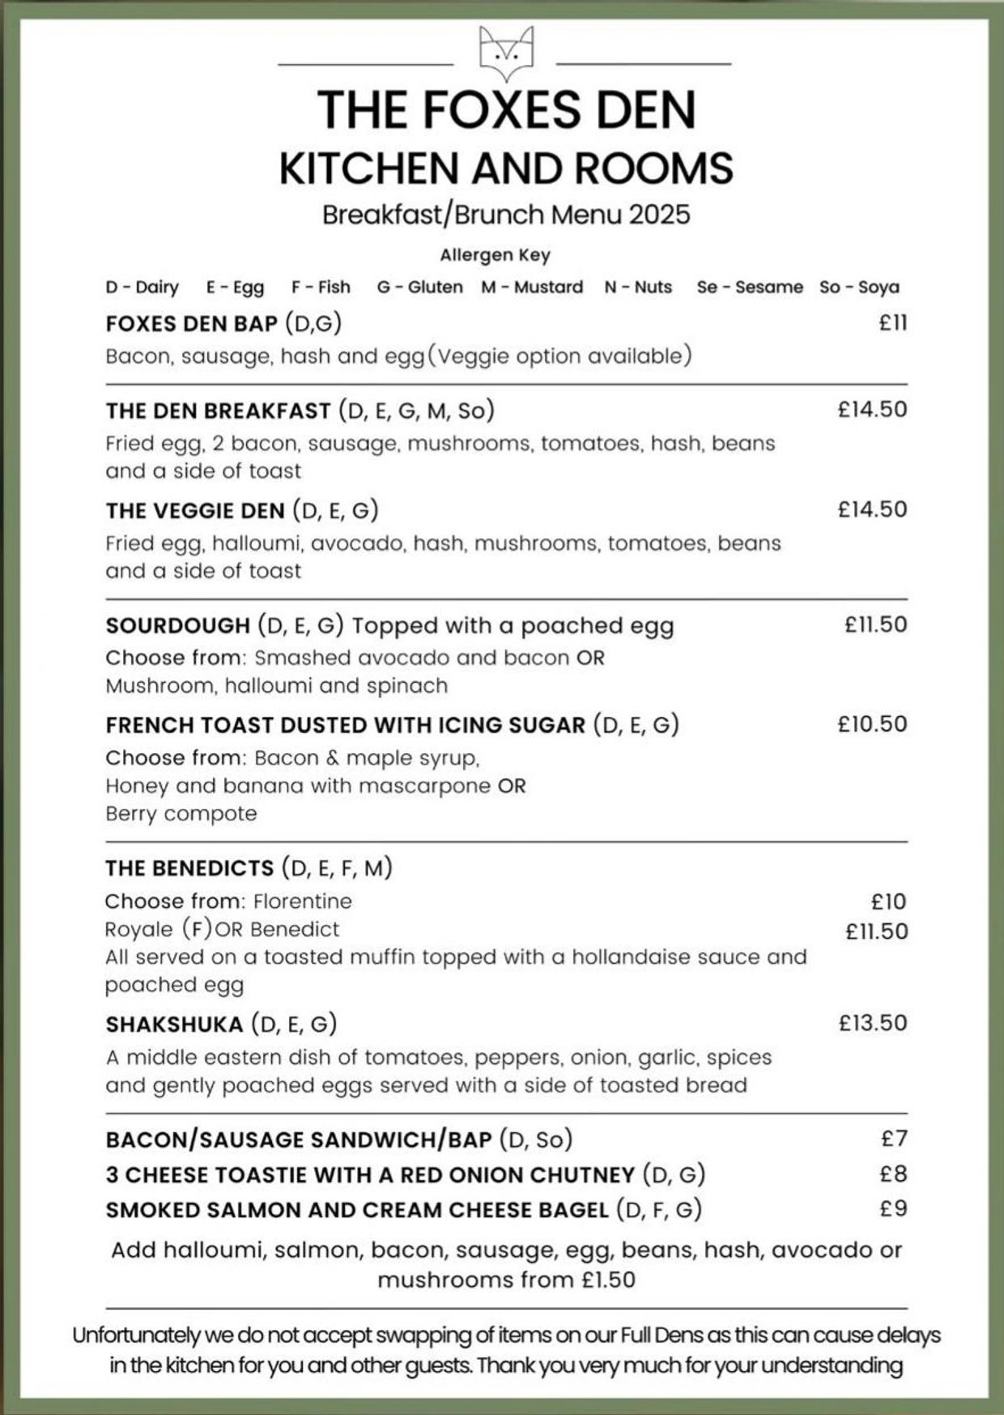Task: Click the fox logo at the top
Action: pos(506,53)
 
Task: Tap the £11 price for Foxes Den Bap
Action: pos(893,323)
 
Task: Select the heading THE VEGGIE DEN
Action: pos(195,511)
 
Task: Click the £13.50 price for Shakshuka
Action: pos(873,1023)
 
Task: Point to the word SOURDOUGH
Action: pos(177,626)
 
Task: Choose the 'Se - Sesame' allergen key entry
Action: pos(750,288)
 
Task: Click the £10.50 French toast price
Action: pos(872,724)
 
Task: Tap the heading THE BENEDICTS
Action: pos(189,869)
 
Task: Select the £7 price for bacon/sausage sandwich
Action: pos(895,1139)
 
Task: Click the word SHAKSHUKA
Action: pos(174,1025)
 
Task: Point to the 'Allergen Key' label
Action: pos(495,256)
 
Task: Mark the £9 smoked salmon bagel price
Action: pos(894,1208)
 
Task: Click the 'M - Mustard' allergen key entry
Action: pos(532,288)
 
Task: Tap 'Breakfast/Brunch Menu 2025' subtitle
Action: pos(506,215)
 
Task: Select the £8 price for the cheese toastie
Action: pos(894,1174)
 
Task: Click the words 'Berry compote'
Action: pos(181,814)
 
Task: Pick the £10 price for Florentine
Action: pos(888,901)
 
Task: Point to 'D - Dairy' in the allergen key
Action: pos(142,288)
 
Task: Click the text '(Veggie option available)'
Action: pos(559,356)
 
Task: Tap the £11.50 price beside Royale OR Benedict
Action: pos(876,931)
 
